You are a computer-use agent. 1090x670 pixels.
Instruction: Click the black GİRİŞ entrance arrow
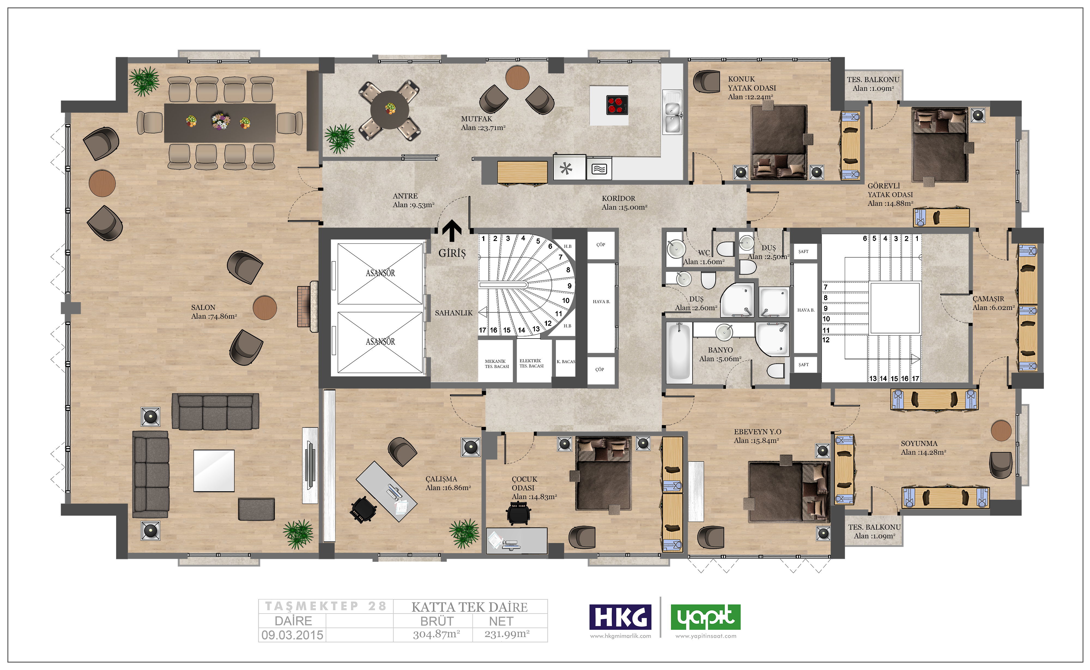click(x=452, y=231)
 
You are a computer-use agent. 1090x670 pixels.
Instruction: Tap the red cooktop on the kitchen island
click(x=617, y=105)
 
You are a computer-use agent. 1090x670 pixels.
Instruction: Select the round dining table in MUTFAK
click(x=390, y=110)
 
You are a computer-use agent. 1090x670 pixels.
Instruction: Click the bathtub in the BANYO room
click(x=679, y=352)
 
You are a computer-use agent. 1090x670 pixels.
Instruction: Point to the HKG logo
click(x=620, y=617)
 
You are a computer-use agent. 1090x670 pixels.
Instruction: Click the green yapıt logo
click(x=706, y=617)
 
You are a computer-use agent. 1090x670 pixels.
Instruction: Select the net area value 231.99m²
click(x=507, y=634)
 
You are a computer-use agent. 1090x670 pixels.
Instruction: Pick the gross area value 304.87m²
click(x=436, y=634)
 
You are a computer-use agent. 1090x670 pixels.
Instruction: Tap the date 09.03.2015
click(x=292, y=635)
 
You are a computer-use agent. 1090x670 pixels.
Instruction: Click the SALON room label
click(x=203, y=307)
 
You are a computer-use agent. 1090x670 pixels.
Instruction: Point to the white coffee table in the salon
click(x=214, y=470)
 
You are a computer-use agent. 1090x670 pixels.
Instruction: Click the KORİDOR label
click(x=618, y=198)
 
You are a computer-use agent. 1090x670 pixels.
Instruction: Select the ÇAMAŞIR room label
click(x=988, y=299)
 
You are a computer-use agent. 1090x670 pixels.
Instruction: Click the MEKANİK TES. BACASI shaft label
click(x=496, y=364)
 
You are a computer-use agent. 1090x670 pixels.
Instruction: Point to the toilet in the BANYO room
click(x=776, y=371)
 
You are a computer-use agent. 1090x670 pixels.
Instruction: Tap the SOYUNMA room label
click(x=919, y=443)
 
